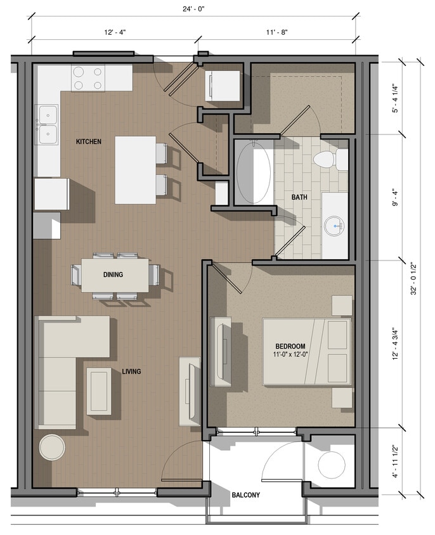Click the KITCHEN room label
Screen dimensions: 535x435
[88, 141]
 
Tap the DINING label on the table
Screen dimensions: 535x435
[113, 274]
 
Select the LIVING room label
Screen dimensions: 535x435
[131, 371]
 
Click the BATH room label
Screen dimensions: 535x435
[299, 197]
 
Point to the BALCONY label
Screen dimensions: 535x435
[245, 495]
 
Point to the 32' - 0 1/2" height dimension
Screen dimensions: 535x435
[413, 279]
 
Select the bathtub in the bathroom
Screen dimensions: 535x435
[254, 172]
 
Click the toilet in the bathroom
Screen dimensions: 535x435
[330, 159]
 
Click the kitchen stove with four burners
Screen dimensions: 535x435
[88, 78]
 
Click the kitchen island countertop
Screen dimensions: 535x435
[135, 169]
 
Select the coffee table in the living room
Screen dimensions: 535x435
[99, 390]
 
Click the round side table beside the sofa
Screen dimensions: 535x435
[52, 448]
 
